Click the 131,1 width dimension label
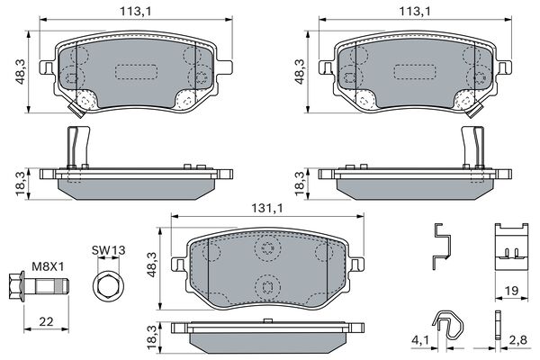pos(267,208)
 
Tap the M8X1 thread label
pos(48,266)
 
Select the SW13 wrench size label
pos(109,250)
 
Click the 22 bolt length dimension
pos(46,322)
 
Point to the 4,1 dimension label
pos(420,340)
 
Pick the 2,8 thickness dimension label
pos(518,340)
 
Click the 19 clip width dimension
pos(511,291)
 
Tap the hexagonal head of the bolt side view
pos(15,286)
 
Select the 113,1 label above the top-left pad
pos(136,12)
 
